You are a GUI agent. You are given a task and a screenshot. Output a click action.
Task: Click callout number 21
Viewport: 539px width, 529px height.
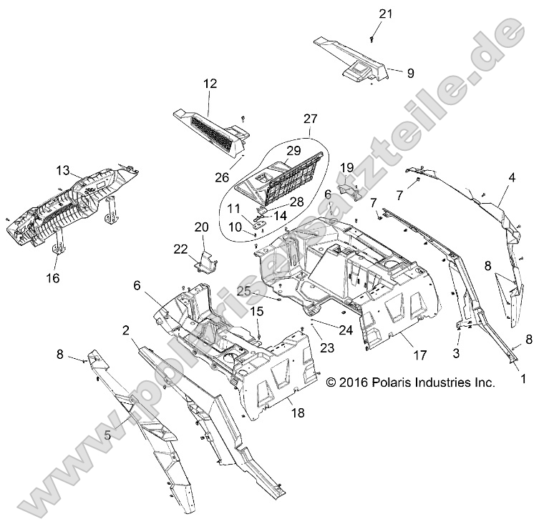[386, 14]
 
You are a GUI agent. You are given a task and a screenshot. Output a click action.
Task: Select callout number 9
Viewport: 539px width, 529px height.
[410, 72]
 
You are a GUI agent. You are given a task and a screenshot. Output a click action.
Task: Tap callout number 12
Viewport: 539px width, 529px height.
[209, 84]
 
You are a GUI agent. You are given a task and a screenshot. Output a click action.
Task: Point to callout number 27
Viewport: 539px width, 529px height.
[309, 119]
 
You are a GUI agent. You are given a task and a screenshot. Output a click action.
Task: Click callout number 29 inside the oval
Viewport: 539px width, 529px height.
[293, 151]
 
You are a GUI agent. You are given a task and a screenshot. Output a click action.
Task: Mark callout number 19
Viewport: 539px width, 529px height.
[346, 167]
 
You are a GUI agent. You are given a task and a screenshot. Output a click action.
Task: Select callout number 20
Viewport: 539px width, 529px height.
[201, 227]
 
